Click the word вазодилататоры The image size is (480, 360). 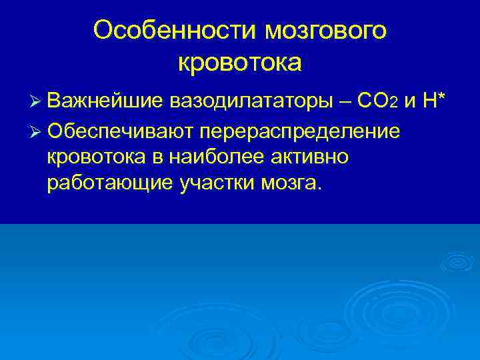256,101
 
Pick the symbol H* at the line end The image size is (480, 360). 434,101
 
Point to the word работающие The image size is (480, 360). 109,184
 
